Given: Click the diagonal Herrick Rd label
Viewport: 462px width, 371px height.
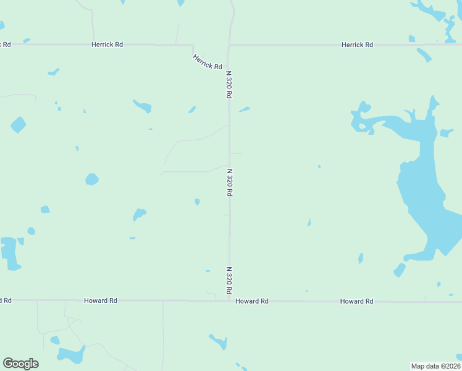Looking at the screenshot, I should (x=207, y=61).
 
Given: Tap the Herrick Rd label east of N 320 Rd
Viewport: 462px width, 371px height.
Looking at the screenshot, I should (x=358, y=45).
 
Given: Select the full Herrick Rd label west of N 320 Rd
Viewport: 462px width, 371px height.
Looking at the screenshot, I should (x=107, y=45).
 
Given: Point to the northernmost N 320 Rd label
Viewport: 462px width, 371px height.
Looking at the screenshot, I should (x=229, y=85).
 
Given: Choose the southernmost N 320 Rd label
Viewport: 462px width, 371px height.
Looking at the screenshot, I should (x=229, y=280).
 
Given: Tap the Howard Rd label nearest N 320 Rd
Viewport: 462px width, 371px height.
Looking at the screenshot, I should (x=252, y=301).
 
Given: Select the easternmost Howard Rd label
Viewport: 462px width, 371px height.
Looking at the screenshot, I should (x=356, y=301).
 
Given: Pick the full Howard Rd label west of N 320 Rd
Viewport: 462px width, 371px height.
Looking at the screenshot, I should (x=101, y=301).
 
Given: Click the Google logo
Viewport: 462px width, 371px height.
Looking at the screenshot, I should (x=20, y=364).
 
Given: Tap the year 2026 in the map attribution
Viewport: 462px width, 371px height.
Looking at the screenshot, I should (x=451, y=366).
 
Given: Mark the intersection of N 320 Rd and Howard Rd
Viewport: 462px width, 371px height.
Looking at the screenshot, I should (x=229, y=301).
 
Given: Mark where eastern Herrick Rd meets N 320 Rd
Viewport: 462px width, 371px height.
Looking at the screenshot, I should (x=229, y=45).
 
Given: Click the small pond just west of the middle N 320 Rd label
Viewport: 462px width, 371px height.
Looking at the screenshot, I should (x=197, y=202).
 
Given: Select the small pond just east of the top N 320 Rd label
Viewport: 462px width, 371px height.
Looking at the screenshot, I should (x=244, y=109).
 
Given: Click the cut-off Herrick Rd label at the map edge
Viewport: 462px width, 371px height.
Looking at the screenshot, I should (x=6, y=45).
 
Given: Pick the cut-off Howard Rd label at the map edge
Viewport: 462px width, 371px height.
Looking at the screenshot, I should (x=6, y=301).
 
